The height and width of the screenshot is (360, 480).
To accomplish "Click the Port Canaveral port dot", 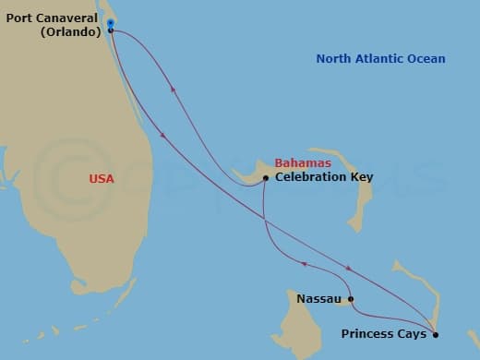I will point(111,30).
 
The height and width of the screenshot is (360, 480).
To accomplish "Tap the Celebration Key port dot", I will point(266,177).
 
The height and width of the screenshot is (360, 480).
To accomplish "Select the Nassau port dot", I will point(351,299).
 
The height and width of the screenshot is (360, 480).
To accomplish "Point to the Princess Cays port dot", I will point(436,334).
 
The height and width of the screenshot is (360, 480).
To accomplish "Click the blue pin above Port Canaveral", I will point(110,22).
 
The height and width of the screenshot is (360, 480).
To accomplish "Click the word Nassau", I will point(319,299).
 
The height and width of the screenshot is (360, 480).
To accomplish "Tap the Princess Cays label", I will point(384,334).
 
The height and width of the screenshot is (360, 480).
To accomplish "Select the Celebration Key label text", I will point(323,177).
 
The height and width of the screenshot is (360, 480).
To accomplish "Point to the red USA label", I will point(102,179).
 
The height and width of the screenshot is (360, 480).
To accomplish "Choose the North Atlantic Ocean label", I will point(380,59).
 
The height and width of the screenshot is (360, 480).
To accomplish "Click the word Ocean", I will point(426,59).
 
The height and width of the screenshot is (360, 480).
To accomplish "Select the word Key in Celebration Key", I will point(361,177).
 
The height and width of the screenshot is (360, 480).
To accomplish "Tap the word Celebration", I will point(311,177).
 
